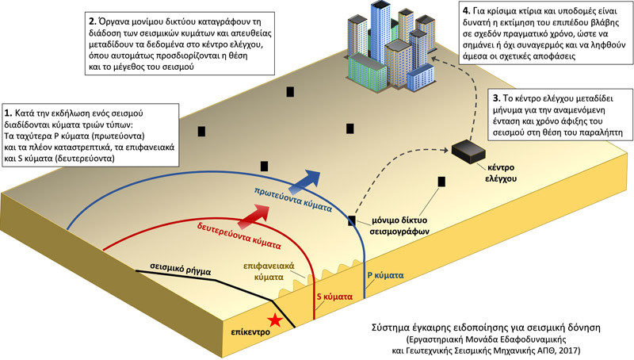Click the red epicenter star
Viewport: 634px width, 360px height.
coord(274,320)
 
